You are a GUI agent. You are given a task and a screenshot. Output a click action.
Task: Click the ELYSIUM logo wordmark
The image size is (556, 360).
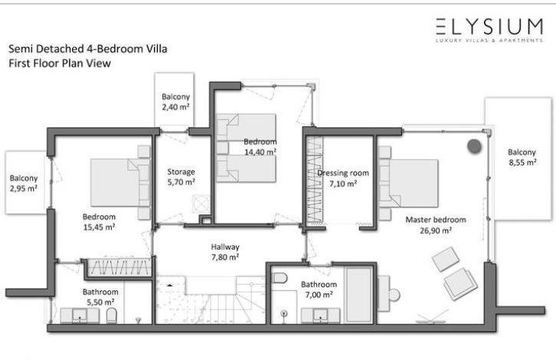coord(489,27)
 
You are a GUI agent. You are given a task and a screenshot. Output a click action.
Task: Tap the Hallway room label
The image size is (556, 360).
coord(225,247)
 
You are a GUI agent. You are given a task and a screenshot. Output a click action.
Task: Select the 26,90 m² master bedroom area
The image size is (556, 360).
coord(436,231)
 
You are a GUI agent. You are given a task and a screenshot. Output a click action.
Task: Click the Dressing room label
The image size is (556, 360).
coord(343,173)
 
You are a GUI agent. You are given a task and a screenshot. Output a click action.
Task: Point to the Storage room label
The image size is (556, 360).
coord(181,172)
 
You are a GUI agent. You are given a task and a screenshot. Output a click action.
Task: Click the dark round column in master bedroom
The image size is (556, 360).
coord(474,146)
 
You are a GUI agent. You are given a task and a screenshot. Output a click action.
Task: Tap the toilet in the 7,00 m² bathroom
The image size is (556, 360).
coord(280,278)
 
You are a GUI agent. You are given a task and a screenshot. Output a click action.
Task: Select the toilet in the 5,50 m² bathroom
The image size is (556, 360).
coord(111,316)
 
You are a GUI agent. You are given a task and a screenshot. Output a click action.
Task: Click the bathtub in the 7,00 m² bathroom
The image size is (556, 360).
coord(359,295)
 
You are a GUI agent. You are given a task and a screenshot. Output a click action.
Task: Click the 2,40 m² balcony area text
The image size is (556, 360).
coord(175,106)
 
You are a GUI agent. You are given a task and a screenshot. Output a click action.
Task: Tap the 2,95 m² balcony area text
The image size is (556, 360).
coord(24,188)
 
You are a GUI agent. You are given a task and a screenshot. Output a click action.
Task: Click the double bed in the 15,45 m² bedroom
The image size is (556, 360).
coord(120,182)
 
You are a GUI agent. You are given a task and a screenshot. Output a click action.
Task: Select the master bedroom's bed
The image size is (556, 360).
coord(407,183)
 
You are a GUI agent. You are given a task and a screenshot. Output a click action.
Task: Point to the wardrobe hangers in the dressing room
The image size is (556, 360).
coord(315,180)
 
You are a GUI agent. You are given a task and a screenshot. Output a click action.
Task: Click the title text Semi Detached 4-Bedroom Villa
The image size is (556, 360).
coord(87,48)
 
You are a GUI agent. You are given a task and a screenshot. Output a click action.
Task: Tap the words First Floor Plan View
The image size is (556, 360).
coord(60,64)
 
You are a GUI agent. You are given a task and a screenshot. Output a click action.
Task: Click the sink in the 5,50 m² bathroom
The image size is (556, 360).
coord(80,316)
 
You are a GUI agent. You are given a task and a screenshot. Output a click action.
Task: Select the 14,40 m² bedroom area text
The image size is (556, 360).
coord(260,152)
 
